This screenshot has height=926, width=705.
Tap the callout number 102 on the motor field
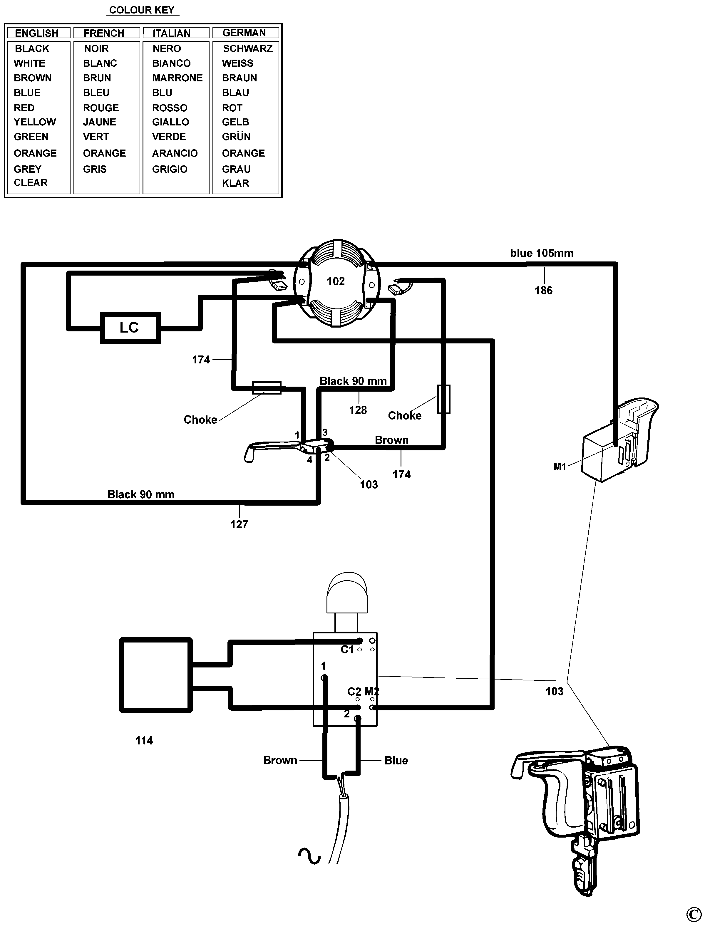[x=336, y=281]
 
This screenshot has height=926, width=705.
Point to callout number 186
[x=543, y=290]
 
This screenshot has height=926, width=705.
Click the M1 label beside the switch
[x=560, y=467]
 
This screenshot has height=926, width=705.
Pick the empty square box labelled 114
[x=156, y=675]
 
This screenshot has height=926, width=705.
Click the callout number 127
[x=239, y=524]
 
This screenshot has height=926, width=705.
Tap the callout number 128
[x=358, y=410]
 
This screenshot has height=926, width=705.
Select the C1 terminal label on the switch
[x=347, y=650]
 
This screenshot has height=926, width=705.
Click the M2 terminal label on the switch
[x=372, y=692]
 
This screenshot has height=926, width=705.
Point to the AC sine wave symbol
[x=309, y=855]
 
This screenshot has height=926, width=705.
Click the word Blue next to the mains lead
[x=396, y=761]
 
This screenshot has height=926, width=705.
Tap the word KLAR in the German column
[x=235, y=183]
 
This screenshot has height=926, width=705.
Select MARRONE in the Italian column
[x=177, y=78]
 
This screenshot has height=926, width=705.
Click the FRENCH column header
[x=104, y=33]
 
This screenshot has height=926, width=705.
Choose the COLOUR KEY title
[x=142, y=10]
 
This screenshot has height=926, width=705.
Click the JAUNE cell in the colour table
[x=99, y=122]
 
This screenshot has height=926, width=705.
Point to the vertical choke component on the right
[x=443, y=399]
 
